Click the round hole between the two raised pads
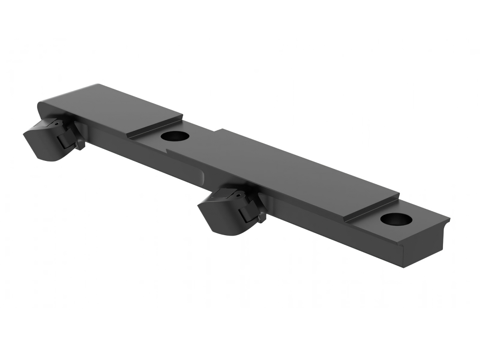coord(175,136)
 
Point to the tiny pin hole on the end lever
coord(56,124)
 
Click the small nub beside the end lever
coord(80,144)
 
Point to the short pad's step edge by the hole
coord(154,127)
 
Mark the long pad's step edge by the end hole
coord(372,208)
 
